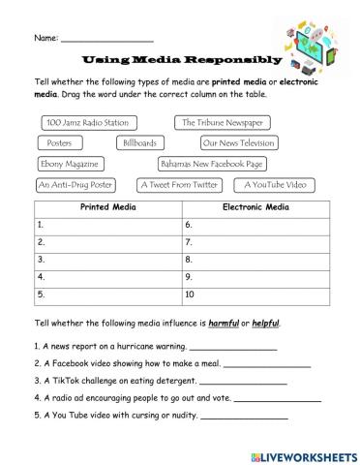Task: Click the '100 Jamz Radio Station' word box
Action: tap(86, 123)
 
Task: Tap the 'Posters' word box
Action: tap(59, 143)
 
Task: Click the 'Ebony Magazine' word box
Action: tap(71, 164)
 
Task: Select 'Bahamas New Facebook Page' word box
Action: tap(212, 164)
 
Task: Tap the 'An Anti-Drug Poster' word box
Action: tap(75, 184)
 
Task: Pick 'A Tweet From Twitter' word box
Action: tap(179, 184)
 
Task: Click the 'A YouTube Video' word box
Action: tap(275, 184)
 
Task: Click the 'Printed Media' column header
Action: tap(106, 207)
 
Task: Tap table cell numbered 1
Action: tap(106, 224)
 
